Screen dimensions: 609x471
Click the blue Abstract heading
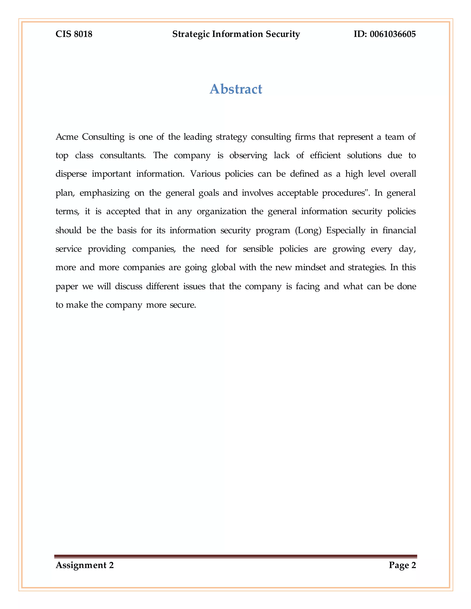pos(236,89)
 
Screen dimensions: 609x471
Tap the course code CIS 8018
pos(74,34)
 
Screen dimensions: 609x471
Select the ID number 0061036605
pos(393,34)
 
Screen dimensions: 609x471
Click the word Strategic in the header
pos(191,34)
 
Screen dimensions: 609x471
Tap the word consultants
pos(123,155)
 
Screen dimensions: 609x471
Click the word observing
pos(248,155)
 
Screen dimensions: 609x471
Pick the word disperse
pos(71,174)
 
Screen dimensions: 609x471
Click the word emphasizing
pos(105,193)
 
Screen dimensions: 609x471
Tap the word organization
pos(221,211)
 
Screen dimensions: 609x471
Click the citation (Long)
pos(308,230)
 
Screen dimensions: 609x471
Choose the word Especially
pos(345,230)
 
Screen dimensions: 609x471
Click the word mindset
pos(310,268)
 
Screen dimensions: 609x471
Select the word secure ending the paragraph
pos(182,305)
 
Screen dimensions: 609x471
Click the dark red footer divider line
pos(235,556)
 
